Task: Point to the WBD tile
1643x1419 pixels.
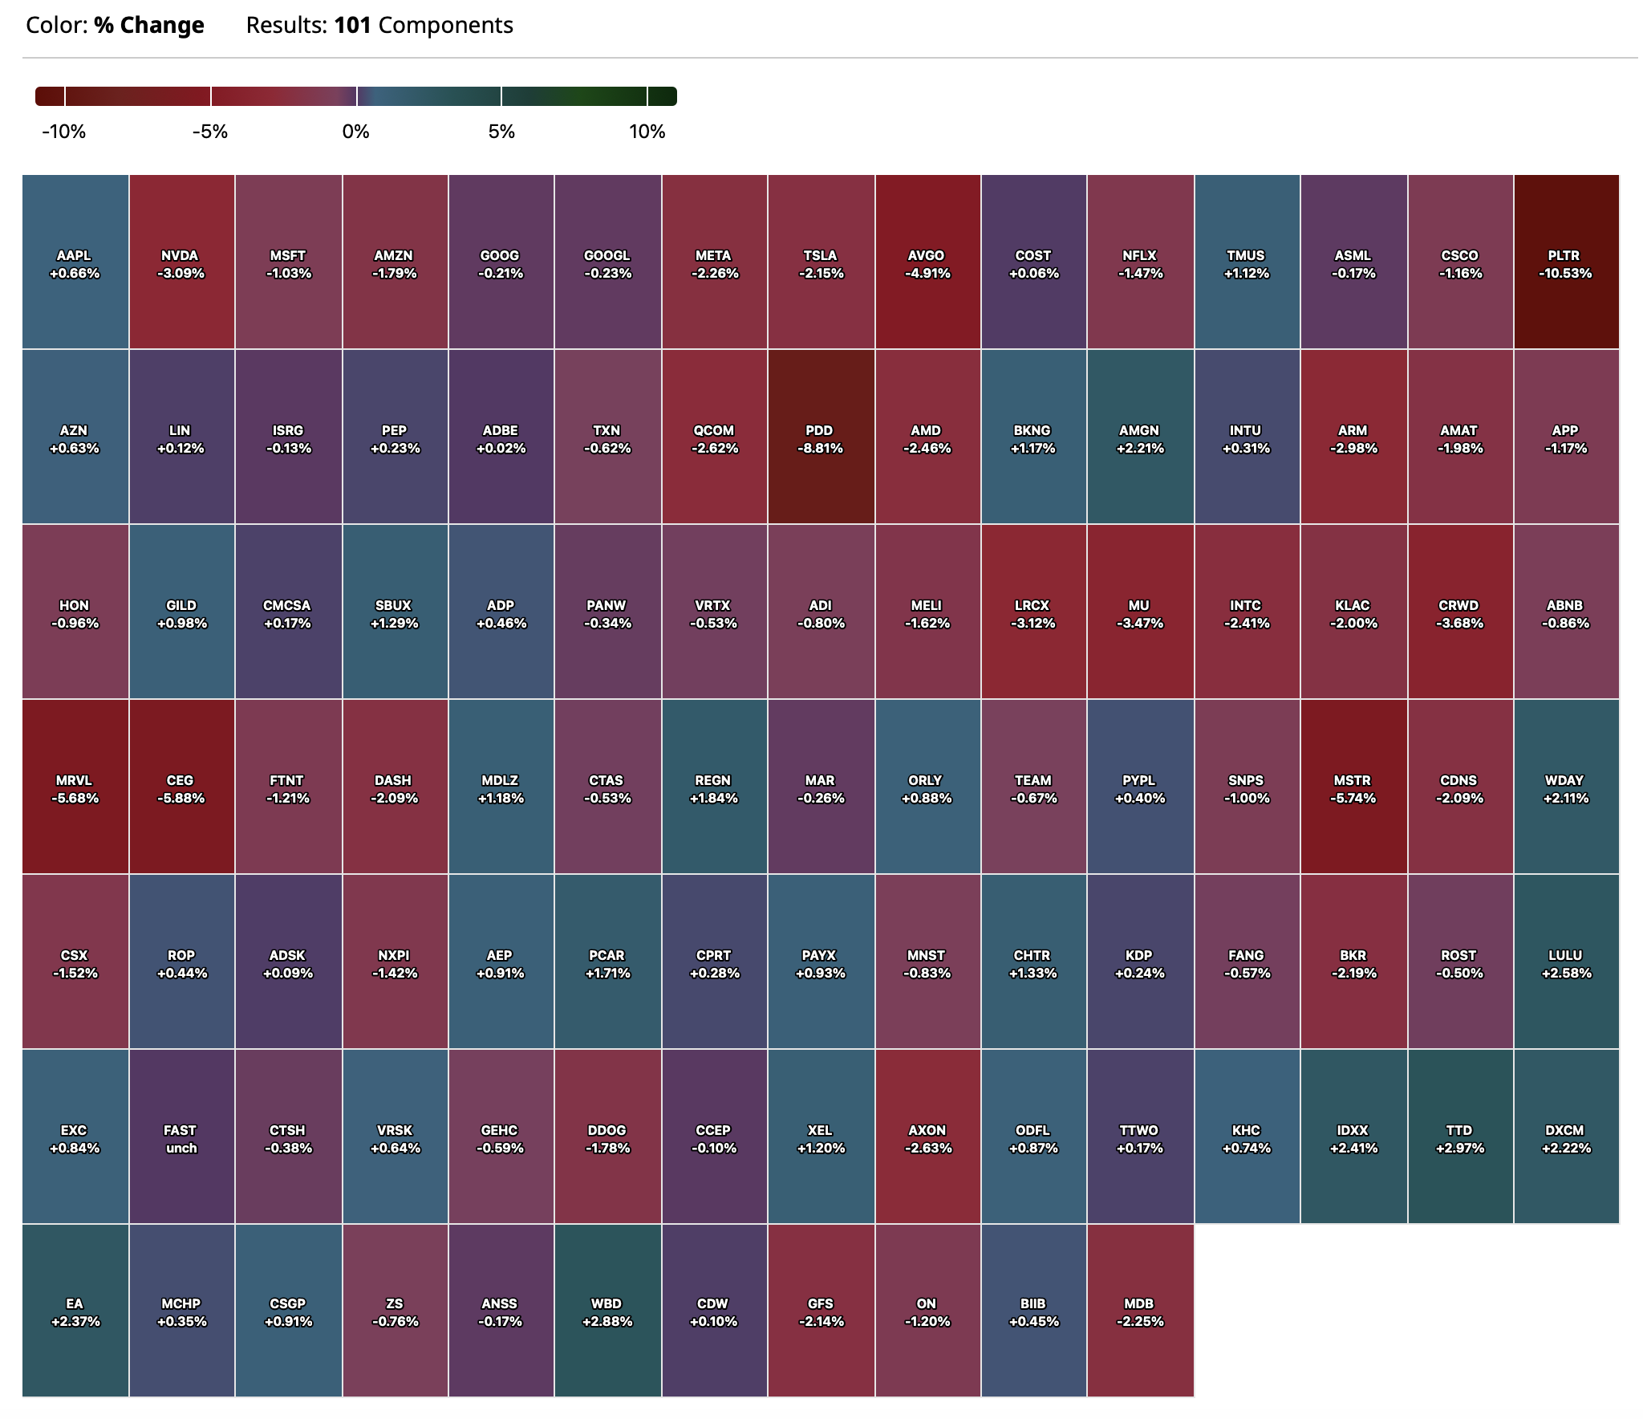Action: point(607,1312)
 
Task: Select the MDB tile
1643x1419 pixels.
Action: point(1139,1312)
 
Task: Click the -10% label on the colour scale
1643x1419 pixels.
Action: point(64,132)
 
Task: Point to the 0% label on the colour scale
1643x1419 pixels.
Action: point(355,132)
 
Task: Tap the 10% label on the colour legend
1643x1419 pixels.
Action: point(647,132)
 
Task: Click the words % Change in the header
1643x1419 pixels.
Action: point(149,26)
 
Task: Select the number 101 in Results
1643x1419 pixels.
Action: point(352,26)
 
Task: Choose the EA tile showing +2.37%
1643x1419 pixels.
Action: point(75,1312)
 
